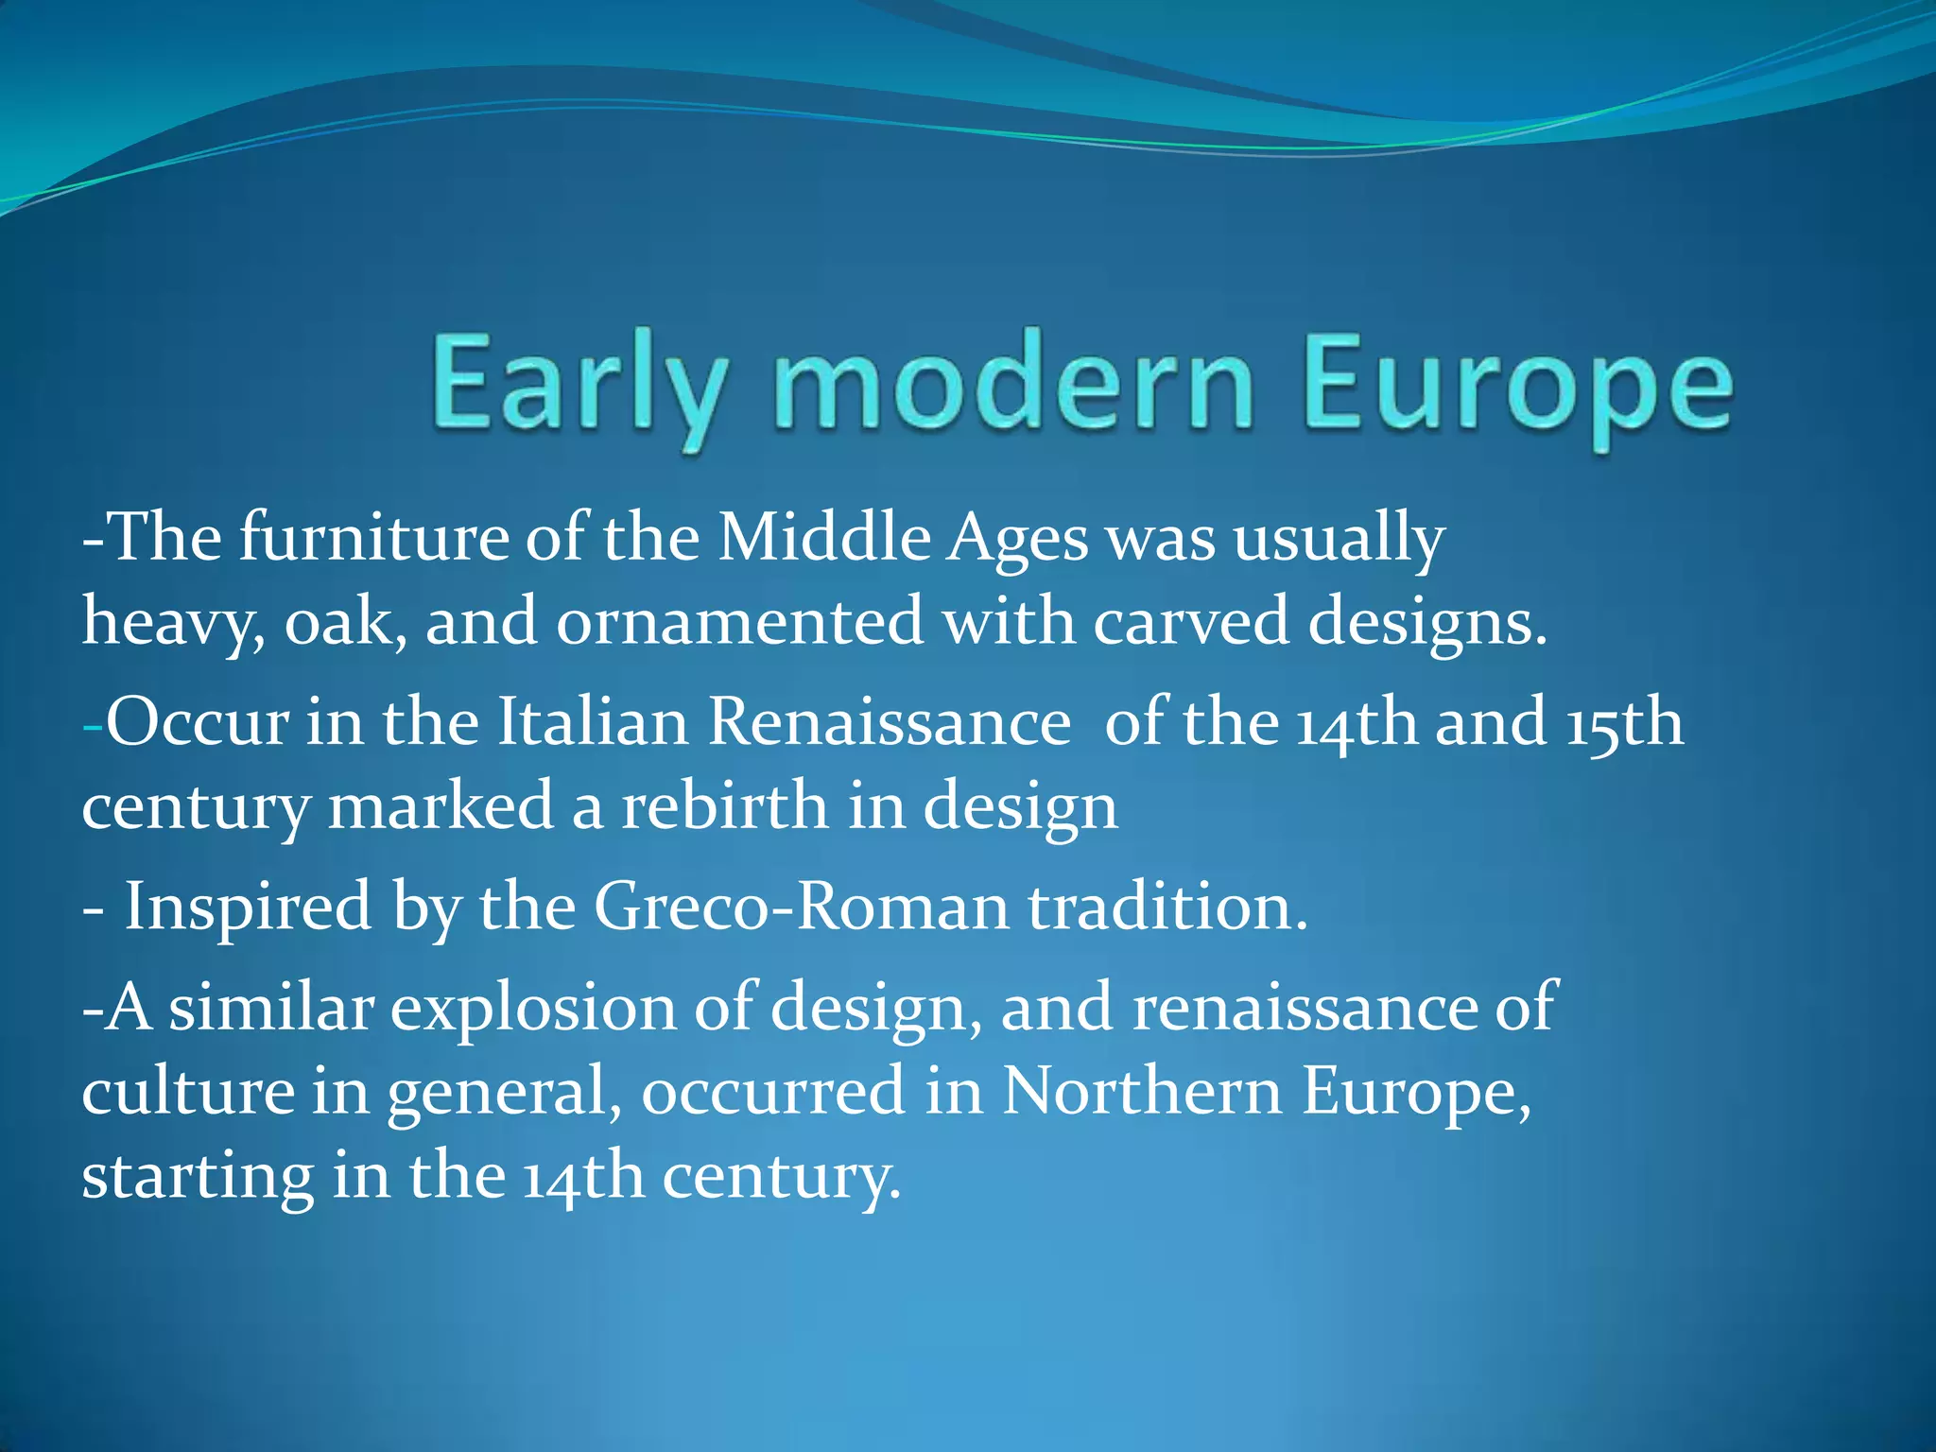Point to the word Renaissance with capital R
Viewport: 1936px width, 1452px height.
pyautogui.click(x=890, y=722)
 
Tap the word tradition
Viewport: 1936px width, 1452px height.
pyautogui.click(x=1168, y=907)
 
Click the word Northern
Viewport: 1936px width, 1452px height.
pyautogui.click(x=1142, y=1091)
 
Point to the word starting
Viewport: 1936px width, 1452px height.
pyautogui.click(x=198, y=1178)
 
